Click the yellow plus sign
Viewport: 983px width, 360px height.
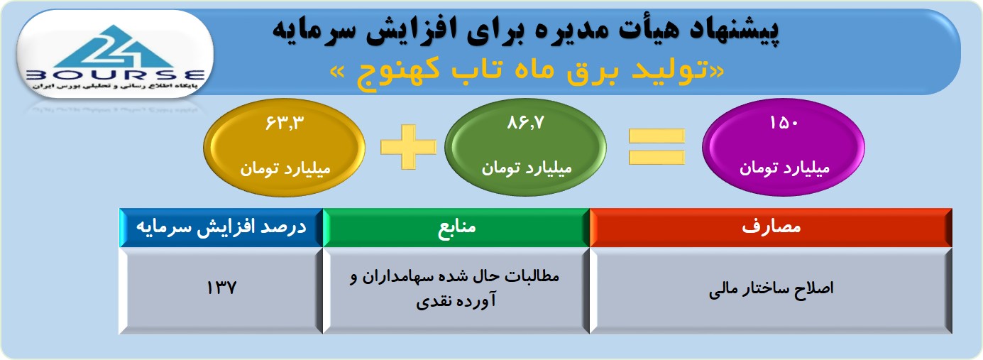pyautogui.click(x=409, y=147)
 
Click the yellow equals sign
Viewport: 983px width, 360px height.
pyautogui.click(x=657, y=147)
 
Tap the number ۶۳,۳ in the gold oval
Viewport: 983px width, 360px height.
pyautogui.click(x=285, y=123)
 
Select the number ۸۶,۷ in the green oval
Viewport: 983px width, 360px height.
pyautogui.click(x=525, y=123)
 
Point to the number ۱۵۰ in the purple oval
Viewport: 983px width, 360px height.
pyautogui.click(x=784, y=123)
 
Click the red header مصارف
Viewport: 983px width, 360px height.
pyautogui.click(x=771, y=227)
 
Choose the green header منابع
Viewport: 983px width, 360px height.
pyautogui.click(x=456, y=227)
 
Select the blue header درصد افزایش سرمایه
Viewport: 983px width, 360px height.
pyautogui.click(x=221, y=227)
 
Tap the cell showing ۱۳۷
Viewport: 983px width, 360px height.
pyautogui.click(x=221, y=290)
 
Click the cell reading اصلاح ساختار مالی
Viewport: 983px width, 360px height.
pyautogui.click(x=771, y=290)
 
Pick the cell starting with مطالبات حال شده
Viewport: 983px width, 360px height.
pyautogui.click(x=456, y=290)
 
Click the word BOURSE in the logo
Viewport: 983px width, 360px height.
pyautogui.click(x=115, y=75)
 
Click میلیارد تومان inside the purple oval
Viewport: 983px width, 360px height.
pyautogui.click(x=784, y=168)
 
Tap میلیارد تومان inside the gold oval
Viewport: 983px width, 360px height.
pyautogui.click(x=285, y=168)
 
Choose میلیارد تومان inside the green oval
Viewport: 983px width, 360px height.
pyautogui.click(x=526, y=168)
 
